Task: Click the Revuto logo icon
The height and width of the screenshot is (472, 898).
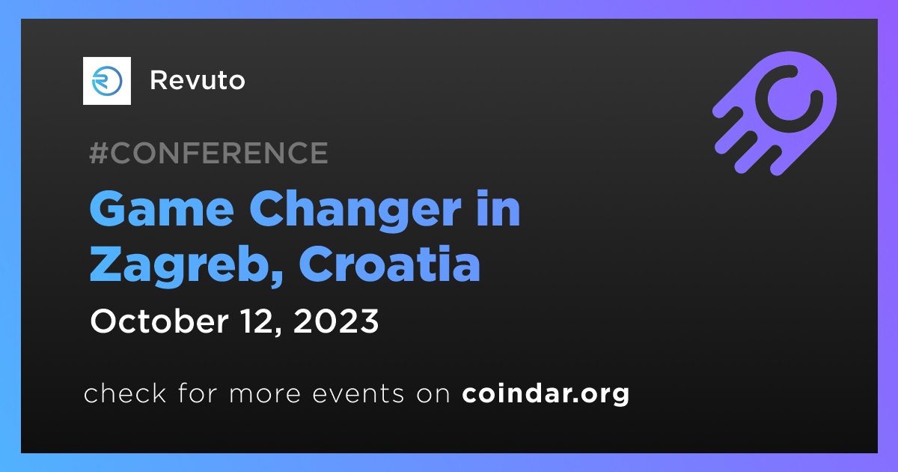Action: pos(106,81)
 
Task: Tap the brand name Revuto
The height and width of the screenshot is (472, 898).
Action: pos(198,80)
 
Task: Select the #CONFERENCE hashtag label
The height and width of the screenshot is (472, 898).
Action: pos(209,153)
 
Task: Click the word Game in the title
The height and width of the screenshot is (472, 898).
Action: pos(162,209)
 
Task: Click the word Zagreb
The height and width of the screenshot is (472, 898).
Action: pos(183,267)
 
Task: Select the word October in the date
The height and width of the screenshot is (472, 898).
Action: pos(159,321)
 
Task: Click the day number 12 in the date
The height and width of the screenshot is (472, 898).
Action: pos(257,321)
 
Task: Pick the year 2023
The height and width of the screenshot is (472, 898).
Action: pos(336,321)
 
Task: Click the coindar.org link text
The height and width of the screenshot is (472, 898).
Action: pos(546,395)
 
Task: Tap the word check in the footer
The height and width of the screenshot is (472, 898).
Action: pos(125,393)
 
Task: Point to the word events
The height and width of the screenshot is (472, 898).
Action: pos(358,394)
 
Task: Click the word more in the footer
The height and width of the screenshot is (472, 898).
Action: pos(265,394)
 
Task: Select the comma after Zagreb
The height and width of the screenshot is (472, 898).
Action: pos(276,278)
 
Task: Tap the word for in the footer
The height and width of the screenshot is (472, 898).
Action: pos(198,393)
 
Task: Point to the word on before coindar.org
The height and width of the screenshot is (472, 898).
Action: pos(433,394)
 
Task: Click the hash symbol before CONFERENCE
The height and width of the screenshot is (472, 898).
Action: pos(99,153)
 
